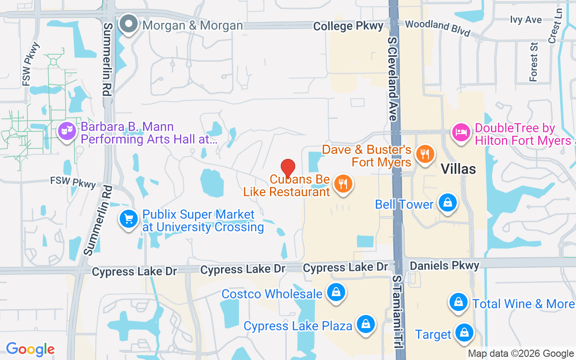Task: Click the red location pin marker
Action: coord(288,169)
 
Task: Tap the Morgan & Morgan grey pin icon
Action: coord(129,24)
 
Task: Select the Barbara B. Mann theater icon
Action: coord(67,131)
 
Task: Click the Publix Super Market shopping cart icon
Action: coord(129,219)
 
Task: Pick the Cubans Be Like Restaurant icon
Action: coord(343,184)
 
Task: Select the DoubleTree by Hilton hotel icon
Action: coord(461,133)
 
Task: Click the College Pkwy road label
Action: coord(348,26)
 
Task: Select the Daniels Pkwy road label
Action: coord(445,265)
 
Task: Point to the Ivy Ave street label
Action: coord(526,19)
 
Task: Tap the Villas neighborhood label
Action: coord(458,169)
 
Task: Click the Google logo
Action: coord(30,349)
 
